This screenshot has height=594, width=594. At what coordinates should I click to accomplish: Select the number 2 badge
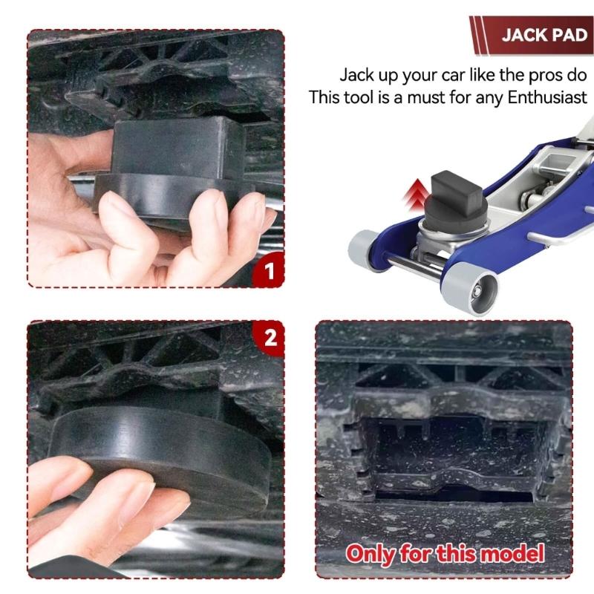tap(270, 338)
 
